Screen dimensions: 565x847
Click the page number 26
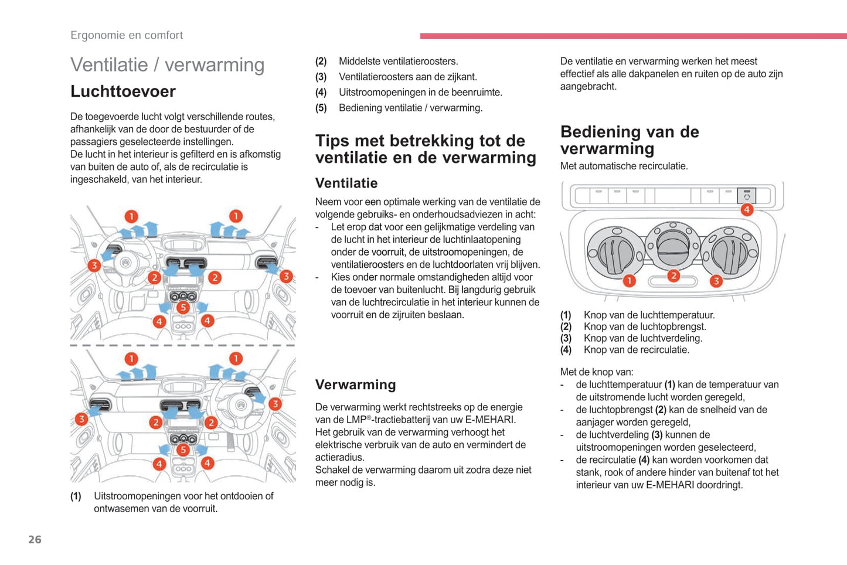pyautogui.click(x=35, y=539)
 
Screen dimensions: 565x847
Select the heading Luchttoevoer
pyautogui.click(x=123, y=91)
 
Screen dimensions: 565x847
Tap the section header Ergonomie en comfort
pyautogui.click(x=127, y=35)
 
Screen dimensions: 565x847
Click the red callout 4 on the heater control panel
pyautogui.click(x=747, y=210)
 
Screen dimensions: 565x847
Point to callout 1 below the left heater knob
pyautogui.click(x=629, y=281)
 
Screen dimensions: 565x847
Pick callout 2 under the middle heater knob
pyautogui.click(x=673, y=275)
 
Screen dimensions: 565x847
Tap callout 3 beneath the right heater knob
pyautogui.click(x=716, y=281)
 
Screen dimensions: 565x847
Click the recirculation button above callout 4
pyautogui.click(x=747, y=195)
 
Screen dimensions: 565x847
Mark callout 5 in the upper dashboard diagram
pyautogui.click(x=183, y=307)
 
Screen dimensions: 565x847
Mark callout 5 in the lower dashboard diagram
pyautogui.click(x=183, y=450)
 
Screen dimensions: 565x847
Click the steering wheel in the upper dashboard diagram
pyautogui.click(x=125, y=262)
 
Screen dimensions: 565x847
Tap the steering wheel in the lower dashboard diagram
pyautogui.click(x=240, y=404)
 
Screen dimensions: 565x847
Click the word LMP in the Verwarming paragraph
pyautogui.click(x=356, y=420)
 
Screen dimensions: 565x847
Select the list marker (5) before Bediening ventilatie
pyautogui.click(x=321, y=108)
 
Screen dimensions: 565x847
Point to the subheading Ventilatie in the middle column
pyautogui.click(x=346, y=183)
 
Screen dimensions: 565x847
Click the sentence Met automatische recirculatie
pyautogui.click(x=624, y=166)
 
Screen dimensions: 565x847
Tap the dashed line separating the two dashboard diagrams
pyautogui.click(x=183, y=345)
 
